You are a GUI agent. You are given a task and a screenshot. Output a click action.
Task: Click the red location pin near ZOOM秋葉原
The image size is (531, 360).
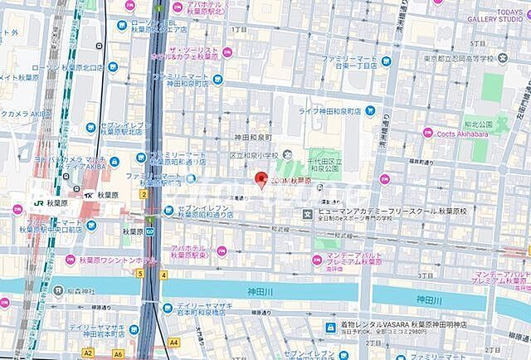260,180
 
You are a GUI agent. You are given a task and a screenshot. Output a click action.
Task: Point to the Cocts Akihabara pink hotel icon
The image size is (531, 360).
428,133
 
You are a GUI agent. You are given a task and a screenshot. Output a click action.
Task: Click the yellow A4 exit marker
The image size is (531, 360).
173,342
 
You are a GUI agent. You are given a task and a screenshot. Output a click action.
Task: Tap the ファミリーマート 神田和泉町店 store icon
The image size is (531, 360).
217,80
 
